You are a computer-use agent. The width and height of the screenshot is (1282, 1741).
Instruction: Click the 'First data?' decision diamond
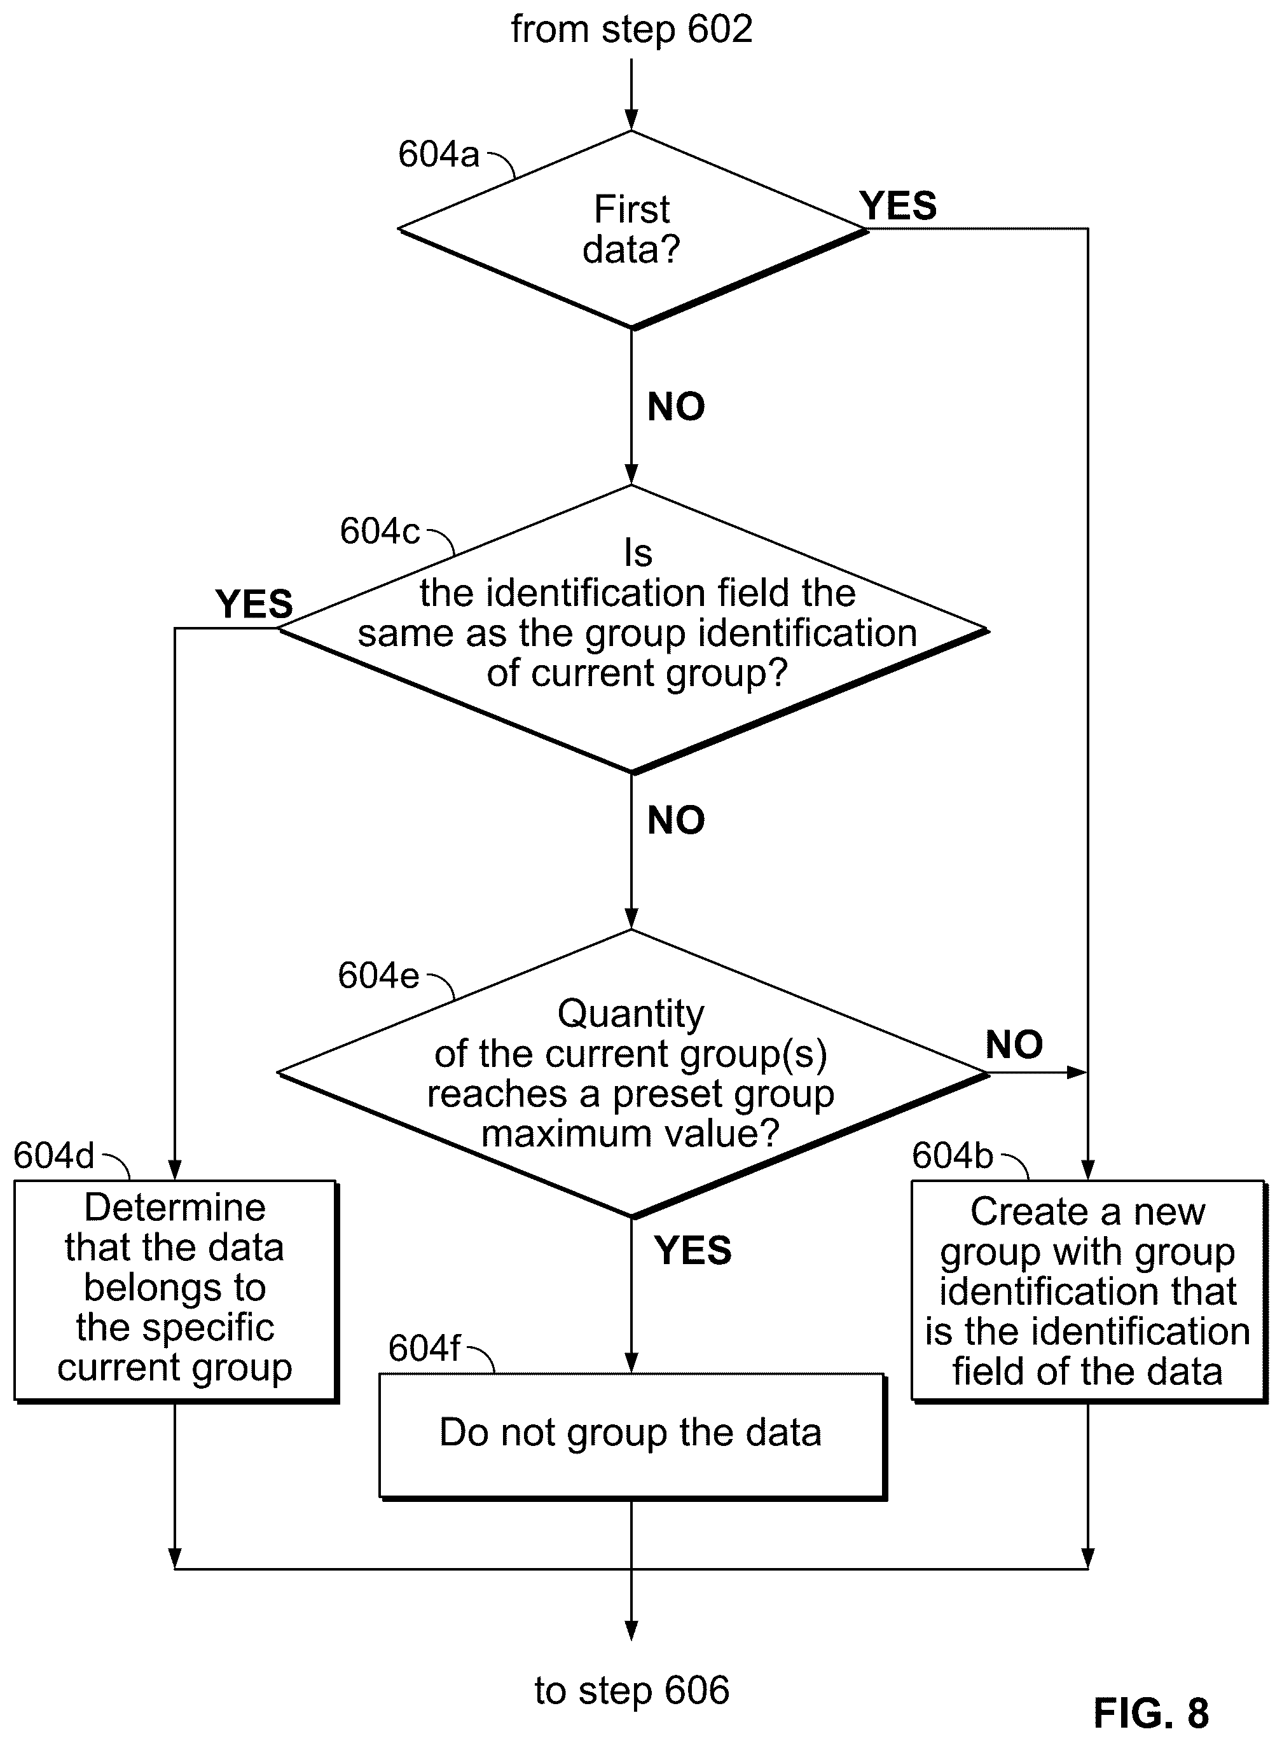tap(633, 230)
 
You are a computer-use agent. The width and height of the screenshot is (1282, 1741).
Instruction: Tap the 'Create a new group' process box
tap(1088, 1291)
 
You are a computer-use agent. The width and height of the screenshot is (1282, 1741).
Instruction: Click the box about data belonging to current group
tap(176, 1291)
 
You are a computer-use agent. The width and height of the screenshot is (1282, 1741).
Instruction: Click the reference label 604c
tap(380, 532)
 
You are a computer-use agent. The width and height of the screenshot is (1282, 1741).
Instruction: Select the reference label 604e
tap(379, 976)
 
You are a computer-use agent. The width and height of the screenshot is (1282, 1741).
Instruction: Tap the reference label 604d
tap(54, 1156)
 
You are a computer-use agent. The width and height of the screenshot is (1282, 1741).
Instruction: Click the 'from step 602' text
tap(631, 29)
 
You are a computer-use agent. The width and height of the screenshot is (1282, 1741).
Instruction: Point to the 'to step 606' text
tap(631, 1689)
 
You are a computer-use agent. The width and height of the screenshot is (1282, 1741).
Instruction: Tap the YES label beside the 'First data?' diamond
tap(898, 207)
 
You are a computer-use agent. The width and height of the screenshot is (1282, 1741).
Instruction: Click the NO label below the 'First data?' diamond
tap(676, 406)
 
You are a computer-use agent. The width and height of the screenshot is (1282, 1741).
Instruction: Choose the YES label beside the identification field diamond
tap(254, 604)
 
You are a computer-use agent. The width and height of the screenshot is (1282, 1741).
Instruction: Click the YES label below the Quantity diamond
tap(693, 1251)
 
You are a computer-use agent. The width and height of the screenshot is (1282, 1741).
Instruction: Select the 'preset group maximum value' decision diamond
tap(633, 1074)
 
